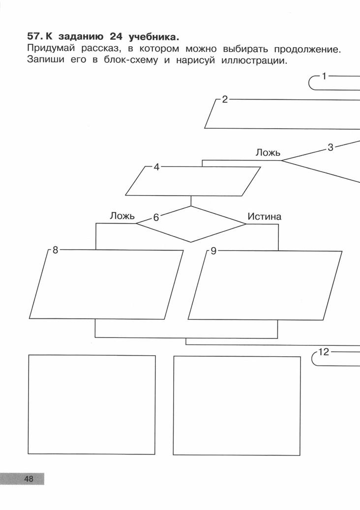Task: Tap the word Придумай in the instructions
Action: coord(51,49)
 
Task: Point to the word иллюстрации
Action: coord(254,61)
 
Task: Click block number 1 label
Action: coord(324,76)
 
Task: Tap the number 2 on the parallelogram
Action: coord(225,100)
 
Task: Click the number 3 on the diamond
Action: coord(330,148)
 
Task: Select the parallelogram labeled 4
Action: coord(193,181)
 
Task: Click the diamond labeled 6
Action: coord(191,224)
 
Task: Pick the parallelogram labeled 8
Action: coord(106,284)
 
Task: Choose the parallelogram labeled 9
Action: coord(265,285)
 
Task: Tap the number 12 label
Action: coord(324,352)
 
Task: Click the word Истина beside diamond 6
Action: coord(264,217)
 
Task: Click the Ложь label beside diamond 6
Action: coord(122,216)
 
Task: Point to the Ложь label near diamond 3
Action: coord(268,152)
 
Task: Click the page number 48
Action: coord(29,479)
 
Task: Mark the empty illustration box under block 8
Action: coord(92,405)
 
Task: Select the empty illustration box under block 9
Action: coord(237,406)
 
